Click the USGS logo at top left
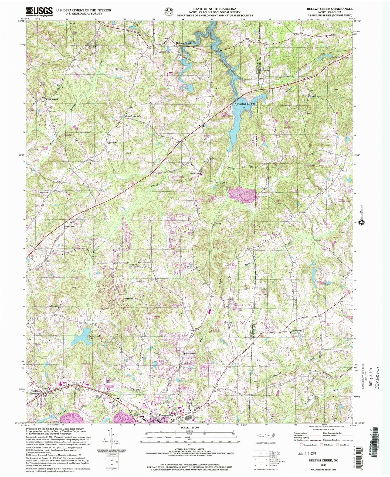(39, 12)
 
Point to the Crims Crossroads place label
(132, 116)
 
